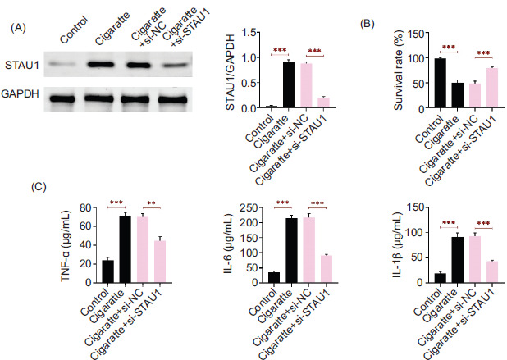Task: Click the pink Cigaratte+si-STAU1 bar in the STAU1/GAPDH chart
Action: [x=323, y=103]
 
